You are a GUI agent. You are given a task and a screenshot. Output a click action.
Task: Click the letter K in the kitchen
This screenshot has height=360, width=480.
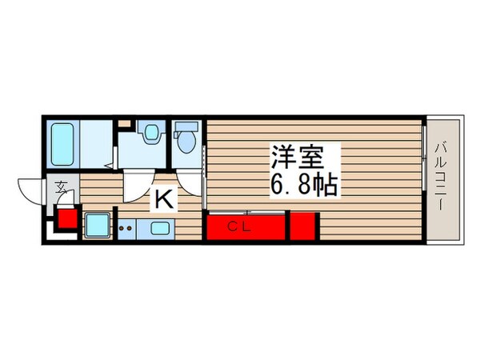pyautogui.click(x=162, y=198)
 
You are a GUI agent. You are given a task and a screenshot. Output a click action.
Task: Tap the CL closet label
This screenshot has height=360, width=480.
pyautogui.click(x=241, y=226)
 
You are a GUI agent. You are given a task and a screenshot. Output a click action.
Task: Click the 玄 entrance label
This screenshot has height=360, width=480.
pyautogui.click(x=62, y=189)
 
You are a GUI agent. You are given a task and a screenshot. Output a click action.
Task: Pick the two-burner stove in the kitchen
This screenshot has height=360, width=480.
pyautogui.click(x=125, y=228)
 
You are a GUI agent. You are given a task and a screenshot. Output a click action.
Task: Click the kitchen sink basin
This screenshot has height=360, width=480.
pyautogui.click(x=158, y=228)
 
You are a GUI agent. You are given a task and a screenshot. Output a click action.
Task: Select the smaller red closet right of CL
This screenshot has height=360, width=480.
pyautogui.click(x=304, y=226)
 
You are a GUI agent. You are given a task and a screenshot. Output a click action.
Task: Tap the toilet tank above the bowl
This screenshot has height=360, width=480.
pyautogui.click(x=186, y=127)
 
